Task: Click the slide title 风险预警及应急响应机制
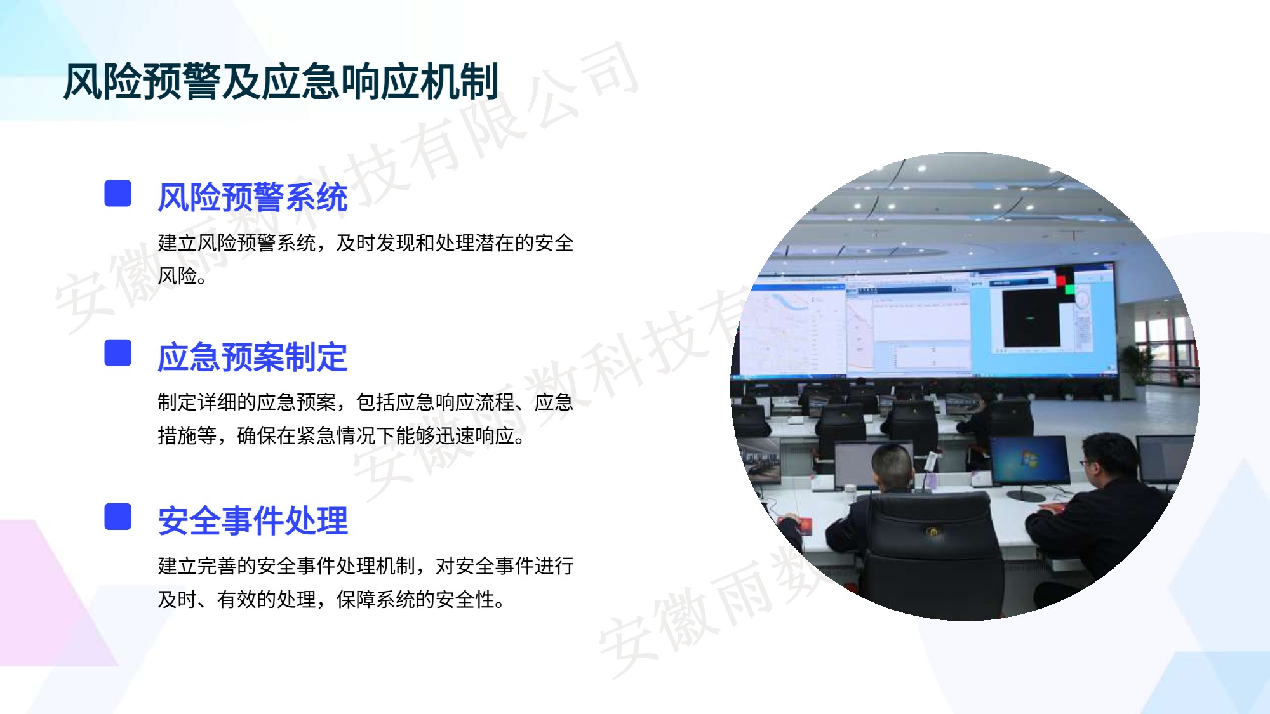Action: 281,82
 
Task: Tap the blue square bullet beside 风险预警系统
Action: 118,193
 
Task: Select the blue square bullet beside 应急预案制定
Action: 118,353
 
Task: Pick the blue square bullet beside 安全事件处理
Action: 118,517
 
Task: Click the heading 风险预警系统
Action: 253,197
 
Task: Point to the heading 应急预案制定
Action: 253,357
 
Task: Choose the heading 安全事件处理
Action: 253,521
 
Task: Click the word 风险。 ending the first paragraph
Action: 182,276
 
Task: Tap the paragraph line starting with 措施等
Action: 342,436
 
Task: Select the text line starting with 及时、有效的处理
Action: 331,600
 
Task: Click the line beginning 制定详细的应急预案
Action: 366,402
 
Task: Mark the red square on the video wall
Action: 1060,280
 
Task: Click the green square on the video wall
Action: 1070,290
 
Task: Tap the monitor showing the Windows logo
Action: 1029,461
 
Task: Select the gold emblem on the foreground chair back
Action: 933,531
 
